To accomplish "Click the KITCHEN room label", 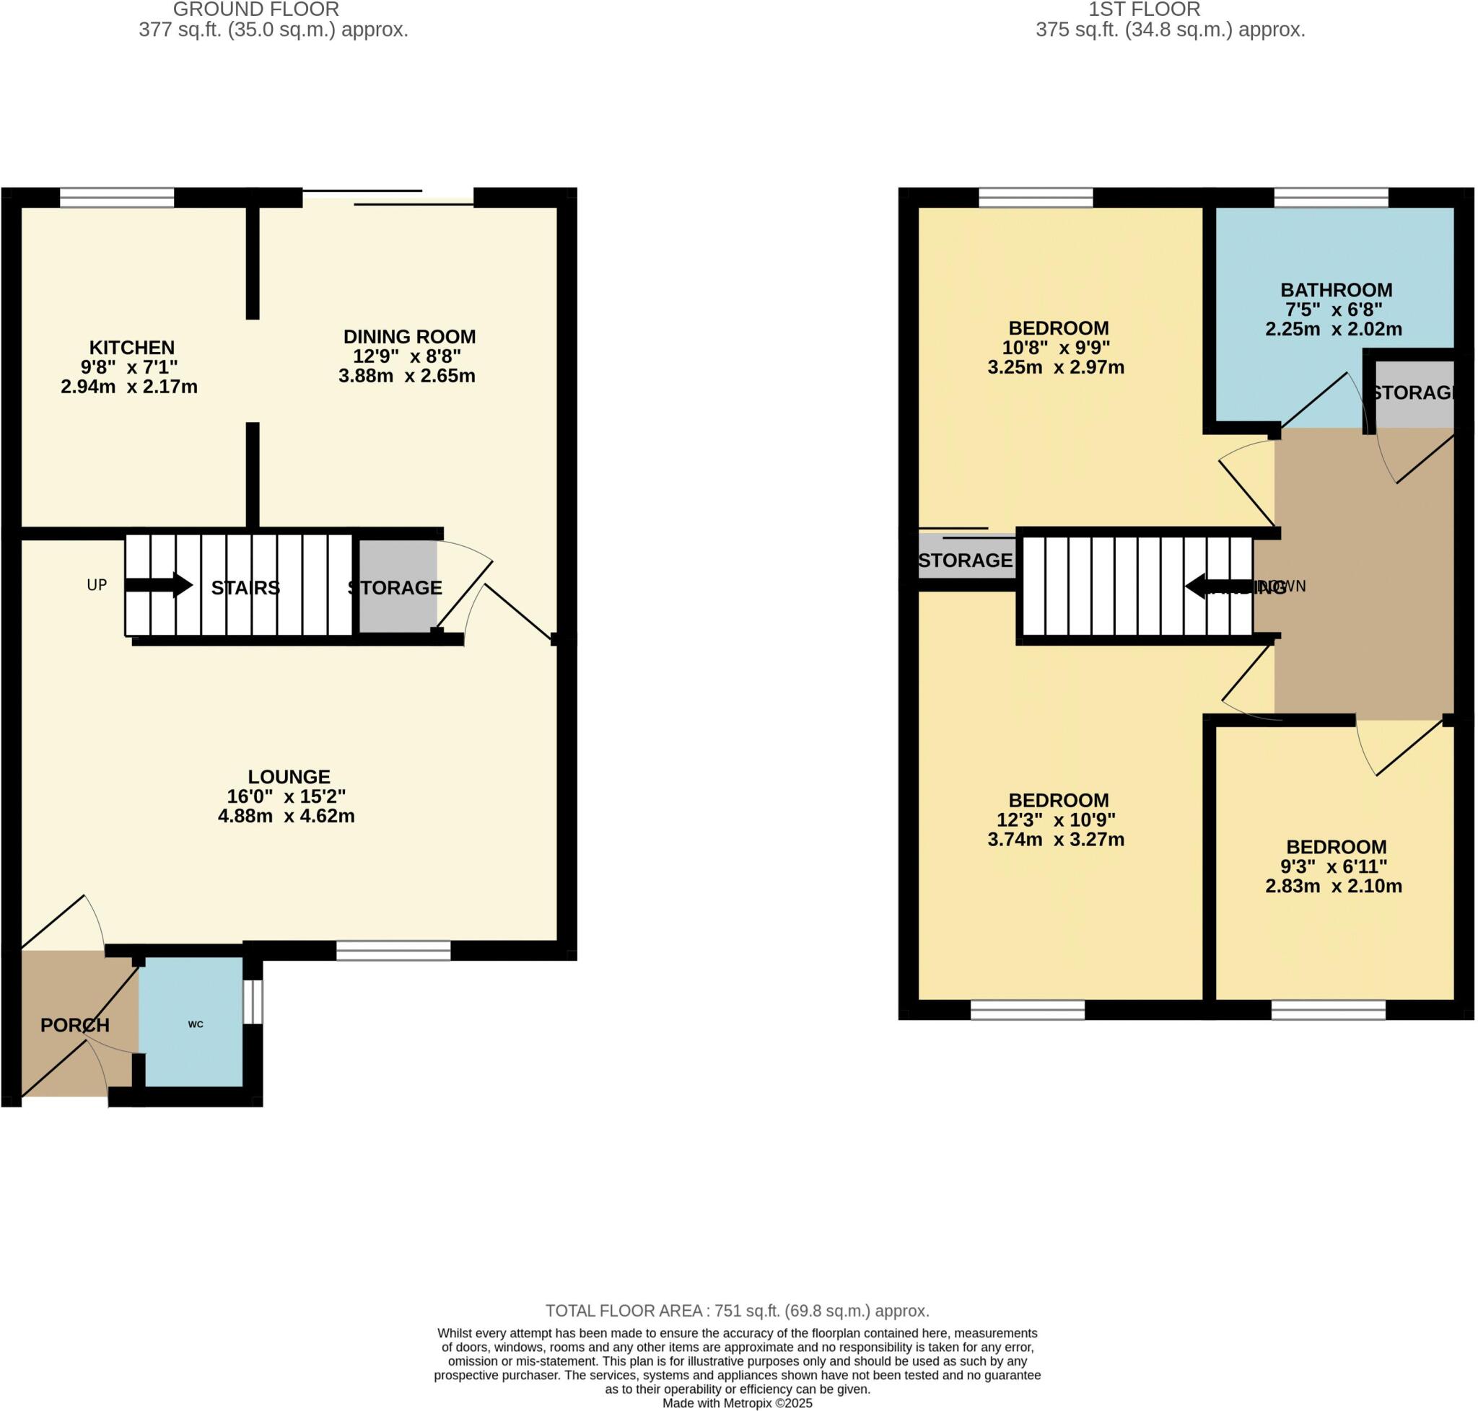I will click(x=131, y=348).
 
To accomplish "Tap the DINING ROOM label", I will click(x=409, y=336).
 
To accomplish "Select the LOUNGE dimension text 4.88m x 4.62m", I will click(x=286, y=815).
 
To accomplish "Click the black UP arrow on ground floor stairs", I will click(x=159, y=584).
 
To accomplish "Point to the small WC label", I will click(x=196, y=1024).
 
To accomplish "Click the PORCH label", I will click(x=74, y=1024).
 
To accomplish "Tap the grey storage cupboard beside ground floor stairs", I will click(x=398, y=586).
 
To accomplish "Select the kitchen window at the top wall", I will click(x=117, y=198).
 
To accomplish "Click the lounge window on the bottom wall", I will click(x=393, y=951).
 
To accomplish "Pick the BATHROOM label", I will click(x=1336, y=289).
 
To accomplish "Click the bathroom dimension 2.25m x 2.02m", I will click(x=1333, y=329).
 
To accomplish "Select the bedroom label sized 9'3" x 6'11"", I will click(x=1336, y=846).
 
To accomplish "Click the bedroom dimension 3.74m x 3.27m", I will click(x=1056, y=840).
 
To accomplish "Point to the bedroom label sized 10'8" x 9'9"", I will click(x=1058, y=328).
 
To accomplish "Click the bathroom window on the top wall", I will click(x=1331, y=198).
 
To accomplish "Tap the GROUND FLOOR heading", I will click(x=256, y=10).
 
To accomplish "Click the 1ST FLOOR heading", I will click(x=1144, y=10).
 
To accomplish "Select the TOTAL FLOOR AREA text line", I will click(x=738, y=1311).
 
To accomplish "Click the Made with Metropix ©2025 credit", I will click(x=738, y=1403).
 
